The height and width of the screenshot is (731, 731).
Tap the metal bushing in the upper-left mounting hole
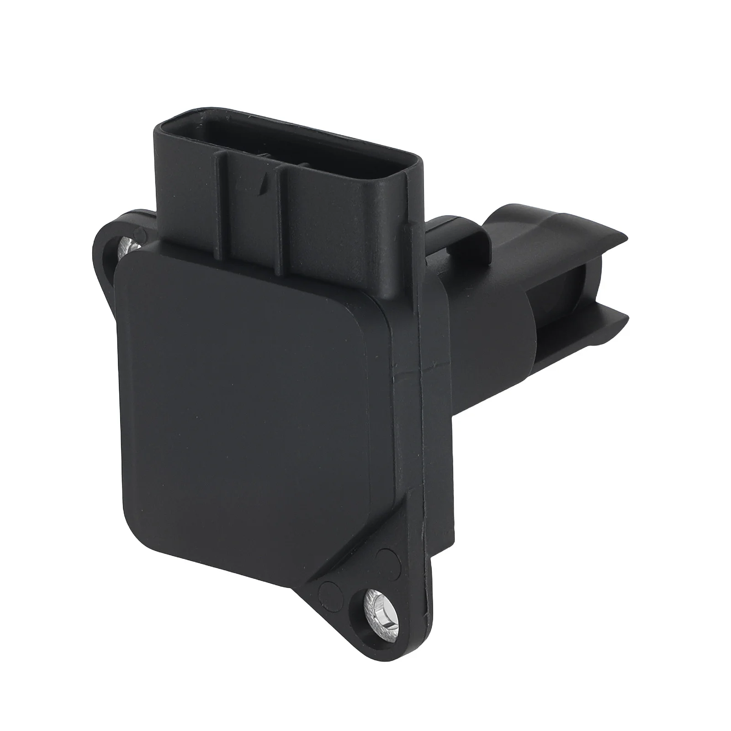click(x=127, y=247)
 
